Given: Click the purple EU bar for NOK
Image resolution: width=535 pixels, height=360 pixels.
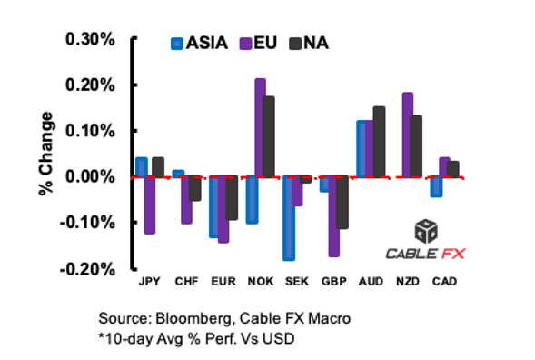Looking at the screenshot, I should click(260, 128).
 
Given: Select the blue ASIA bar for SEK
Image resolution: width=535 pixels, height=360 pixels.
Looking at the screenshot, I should click(289, 218).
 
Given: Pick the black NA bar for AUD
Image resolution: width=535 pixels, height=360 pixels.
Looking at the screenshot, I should click(378, 142).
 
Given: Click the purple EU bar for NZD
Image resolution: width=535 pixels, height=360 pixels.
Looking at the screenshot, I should click(408, 135).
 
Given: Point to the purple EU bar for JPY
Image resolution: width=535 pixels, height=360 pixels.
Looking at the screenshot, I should click(150, 205).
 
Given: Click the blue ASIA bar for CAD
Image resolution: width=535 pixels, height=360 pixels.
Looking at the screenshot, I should click(436, 186).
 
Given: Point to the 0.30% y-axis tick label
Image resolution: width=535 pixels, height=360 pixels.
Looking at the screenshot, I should click(88, 39).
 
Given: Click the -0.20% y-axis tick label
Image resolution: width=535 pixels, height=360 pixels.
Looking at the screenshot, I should click(86, 269).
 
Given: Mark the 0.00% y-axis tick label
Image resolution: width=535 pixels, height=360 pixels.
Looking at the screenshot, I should click(88, 176).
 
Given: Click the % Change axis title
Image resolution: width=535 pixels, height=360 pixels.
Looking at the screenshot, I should click(45, 155).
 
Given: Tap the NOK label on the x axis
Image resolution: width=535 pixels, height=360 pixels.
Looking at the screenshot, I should click(260, 284).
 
